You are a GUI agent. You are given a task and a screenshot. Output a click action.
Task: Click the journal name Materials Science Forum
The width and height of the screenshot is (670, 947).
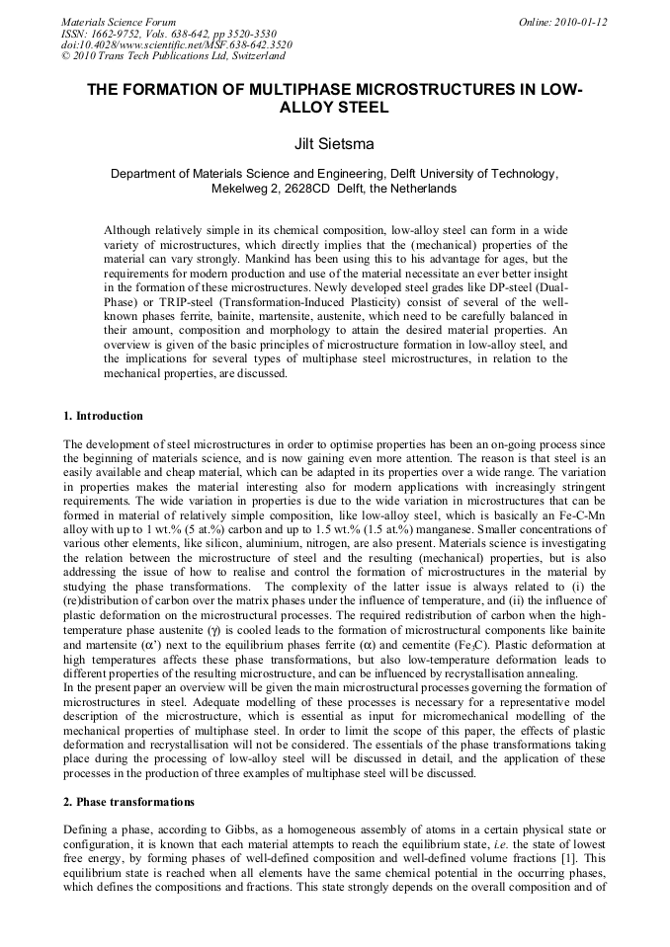click(119, 22)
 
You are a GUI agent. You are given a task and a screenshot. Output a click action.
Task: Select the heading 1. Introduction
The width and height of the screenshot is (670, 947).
click(103, 416)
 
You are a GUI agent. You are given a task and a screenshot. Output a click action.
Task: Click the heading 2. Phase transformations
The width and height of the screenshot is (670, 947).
click(128, 801)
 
